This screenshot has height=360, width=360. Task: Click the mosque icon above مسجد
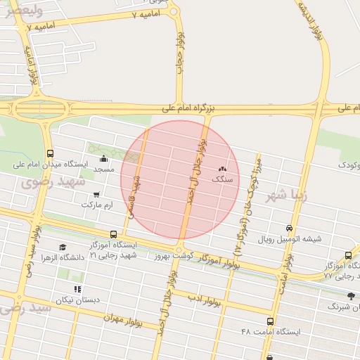click(104, 159)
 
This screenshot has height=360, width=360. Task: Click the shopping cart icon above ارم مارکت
click(96, 194)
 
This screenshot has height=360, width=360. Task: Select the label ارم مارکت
click(96, 205)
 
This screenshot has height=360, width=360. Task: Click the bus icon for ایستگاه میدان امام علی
click(50, 153)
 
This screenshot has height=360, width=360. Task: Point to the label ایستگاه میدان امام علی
click(51, 165)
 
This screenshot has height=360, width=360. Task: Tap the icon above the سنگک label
click(223, 169)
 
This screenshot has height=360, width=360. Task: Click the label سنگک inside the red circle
click(223, 179)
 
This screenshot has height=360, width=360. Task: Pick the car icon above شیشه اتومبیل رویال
click(289, 229)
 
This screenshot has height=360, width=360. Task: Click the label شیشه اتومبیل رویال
click(289, 239)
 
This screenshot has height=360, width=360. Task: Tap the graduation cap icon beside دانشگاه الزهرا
click(63, 247)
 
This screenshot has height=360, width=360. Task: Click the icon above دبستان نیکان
click(77, 289)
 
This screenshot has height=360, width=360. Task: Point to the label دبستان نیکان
click(78, 300)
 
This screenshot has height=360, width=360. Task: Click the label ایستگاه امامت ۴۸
click(270, 331)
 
